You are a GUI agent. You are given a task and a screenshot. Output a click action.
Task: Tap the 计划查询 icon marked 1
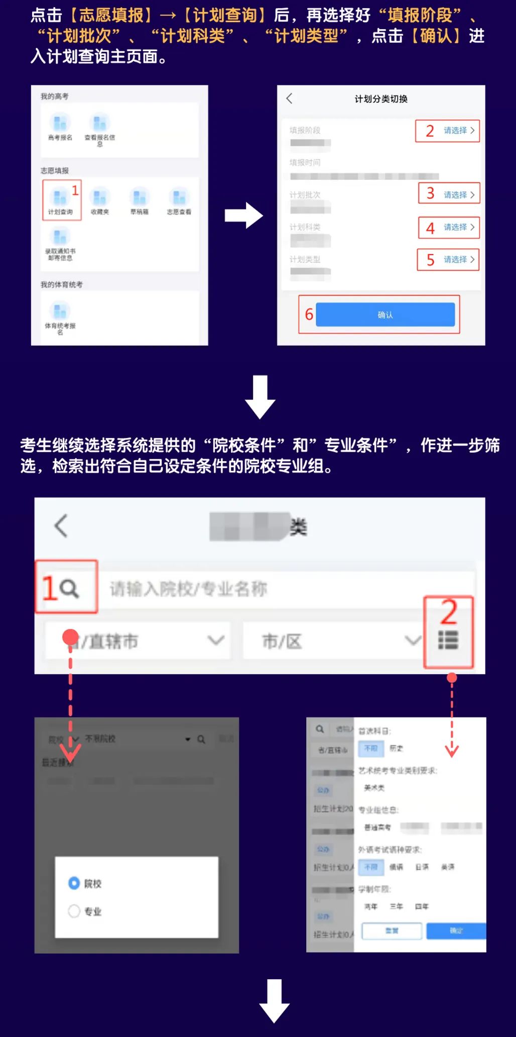60,198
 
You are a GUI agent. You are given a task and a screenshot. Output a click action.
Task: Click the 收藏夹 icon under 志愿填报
99,198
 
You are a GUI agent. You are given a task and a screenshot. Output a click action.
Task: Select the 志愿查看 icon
179,198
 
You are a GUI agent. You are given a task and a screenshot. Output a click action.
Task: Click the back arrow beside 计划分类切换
289,98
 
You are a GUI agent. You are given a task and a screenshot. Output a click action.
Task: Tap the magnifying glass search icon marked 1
69,588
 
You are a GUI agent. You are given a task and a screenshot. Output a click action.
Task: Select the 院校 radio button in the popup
74,883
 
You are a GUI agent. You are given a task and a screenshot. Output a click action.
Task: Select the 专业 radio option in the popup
74,911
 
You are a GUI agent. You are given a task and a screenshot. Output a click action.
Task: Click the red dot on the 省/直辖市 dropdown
70,637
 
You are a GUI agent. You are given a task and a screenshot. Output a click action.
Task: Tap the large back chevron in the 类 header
61,526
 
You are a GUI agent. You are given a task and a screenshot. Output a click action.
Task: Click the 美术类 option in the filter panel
374,788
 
